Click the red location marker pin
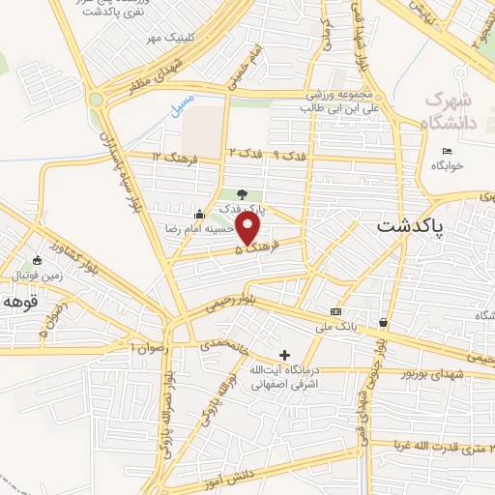coord(248,229)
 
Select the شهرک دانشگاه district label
coord(451,111)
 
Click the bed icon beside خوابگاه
coord(446,151)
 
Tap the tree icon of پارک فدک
coord(242,194)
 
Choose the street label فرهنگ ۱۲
coord(173,157)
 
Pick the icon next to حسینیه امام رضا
coord(200,214)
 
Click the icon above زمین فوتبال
coord(37,259)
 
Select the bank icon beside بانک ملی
coord(335,311)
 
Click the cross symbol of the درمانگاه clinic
coord(283,355)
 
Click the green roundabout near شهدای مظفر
coord(96,99)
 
